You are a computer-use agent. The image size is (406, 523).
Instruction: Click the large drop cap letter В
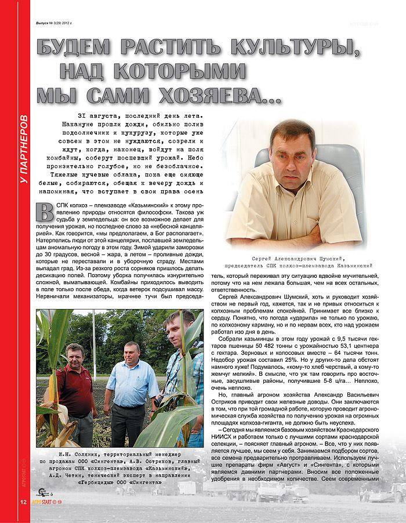coord(44,210)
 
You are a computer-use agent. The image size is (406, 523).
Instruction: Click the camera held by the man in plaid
coord(158,401)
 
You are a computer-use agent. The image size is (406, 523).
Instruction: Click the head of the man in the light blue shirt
coord(131,351)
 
